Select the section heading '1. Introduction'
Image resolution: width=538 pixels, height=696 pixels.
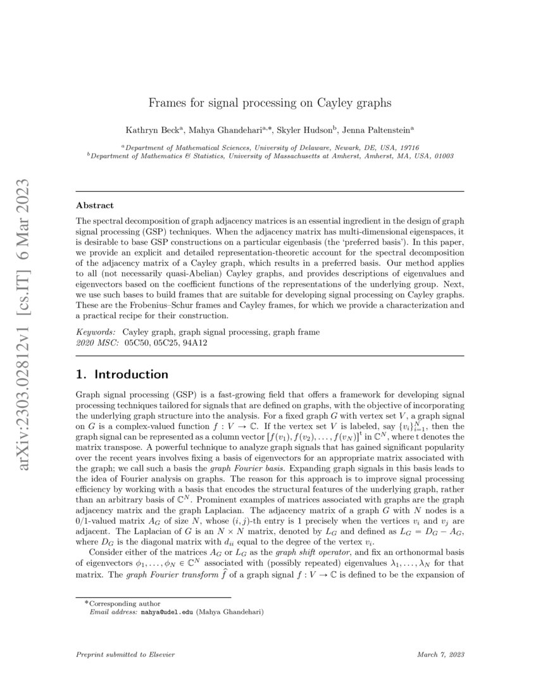(x=122, y=374)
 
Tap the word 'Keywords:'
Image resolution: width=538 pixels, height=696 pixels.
(x=96, y=332)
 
